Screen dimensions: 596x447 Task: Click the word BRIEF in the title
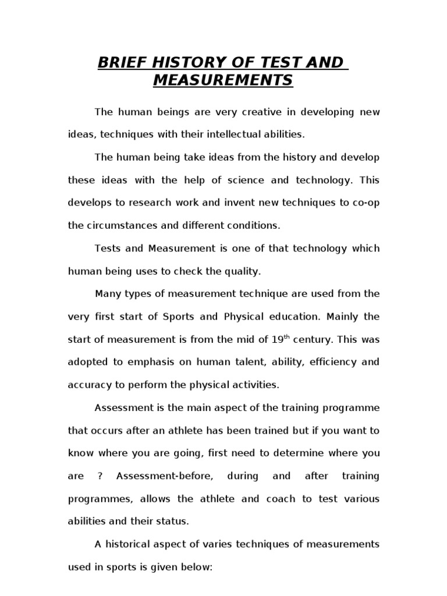pyautogui.click(x=120, y=63)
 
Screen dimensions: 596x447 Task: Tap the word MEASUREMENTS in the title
pyautogui.click(x=223, y=80)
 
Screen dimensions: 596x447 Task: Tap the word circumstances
pyautogui.click(x=119, y=225)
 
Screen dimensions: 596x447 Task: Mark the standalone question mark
pyautogui.click(x=101, y=476)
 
